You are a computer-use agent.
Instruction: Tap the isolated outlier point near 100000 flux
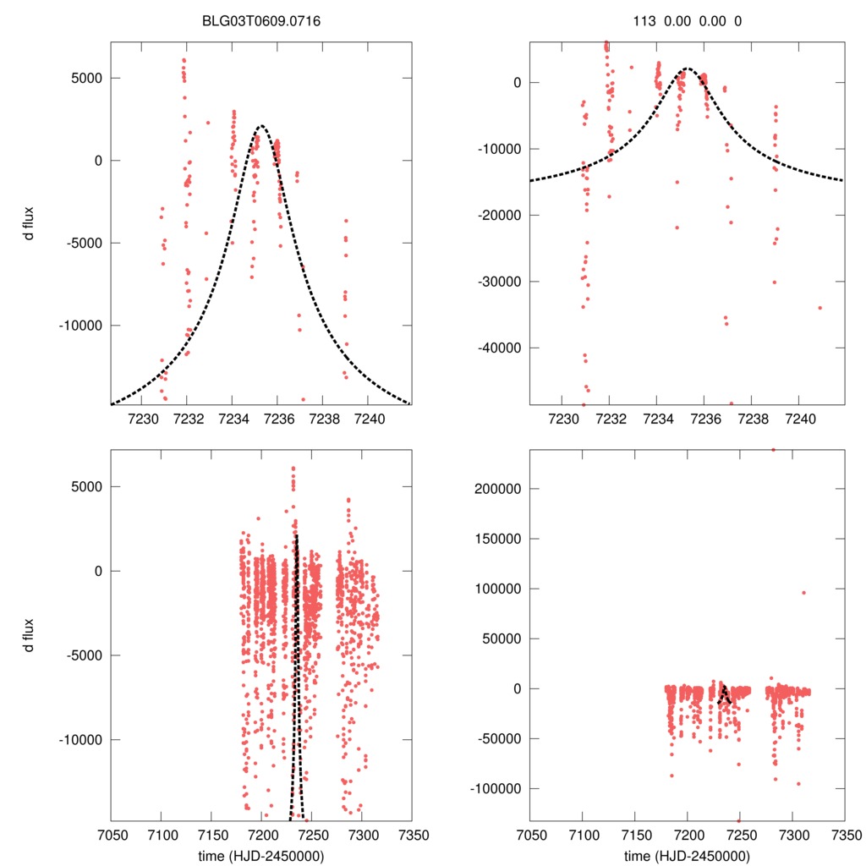[x=803, y=592]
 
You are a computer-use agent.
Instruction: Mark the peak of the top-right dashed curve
[x=687, y=69]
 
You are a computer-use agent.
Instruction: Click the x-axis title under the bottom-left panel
[x=260, y=855]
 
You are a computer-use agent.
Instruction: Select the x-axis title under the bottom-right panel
[x=688, y=855]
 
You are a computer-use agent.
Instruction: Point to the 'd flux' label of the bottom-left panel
[x=30, y=638]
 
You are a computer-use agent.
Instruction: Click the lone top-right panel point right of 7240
[x=819, y=308]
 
